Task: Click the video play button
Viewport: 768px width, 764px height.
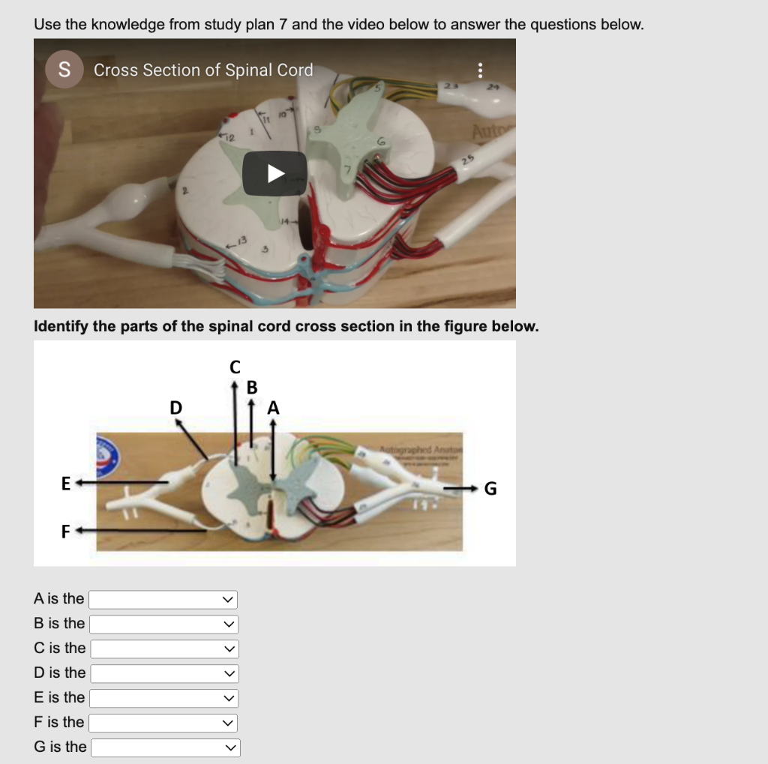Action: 275,174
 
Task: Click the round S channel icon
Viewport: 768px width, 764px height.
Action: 64,70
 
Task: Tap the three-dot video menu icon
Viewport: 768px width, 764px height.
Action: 481,70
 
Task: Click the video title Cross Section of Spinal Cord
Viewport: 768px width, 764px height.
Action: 203,70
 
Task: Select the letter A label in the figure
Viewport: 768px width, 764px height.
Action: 273,408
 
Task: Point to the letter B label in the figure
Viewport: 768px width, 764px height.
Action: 252,388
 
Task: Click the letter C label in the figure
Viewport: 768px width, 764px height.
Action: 235,367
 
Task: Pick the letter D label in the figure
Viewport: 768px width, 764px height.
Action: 175,408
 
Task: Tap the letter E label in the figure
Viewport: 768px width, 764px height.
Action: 66,484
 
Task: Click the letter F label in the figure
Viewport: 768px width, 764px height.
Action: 66,532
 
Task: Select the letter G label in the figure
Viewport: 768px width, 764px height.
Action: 490,490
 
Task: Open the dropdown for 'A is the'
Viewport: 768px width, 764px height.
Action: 163,600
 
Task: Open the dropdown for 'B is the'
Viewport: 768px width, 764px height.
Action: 164,625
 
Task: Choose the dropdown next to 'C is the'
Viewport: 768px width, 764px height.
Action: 164,649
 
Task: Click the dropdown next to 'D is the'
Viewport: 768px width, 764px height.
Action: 164,673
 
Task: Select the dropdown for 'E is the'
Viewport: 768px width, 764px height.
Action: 163,698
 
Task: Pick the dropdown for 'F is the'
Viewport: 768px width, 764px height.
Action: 163,723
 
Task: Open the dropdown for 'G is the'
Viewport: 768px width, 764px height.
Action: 165,748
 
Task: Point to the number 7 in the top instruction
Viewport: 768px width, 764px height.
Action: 283,24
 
